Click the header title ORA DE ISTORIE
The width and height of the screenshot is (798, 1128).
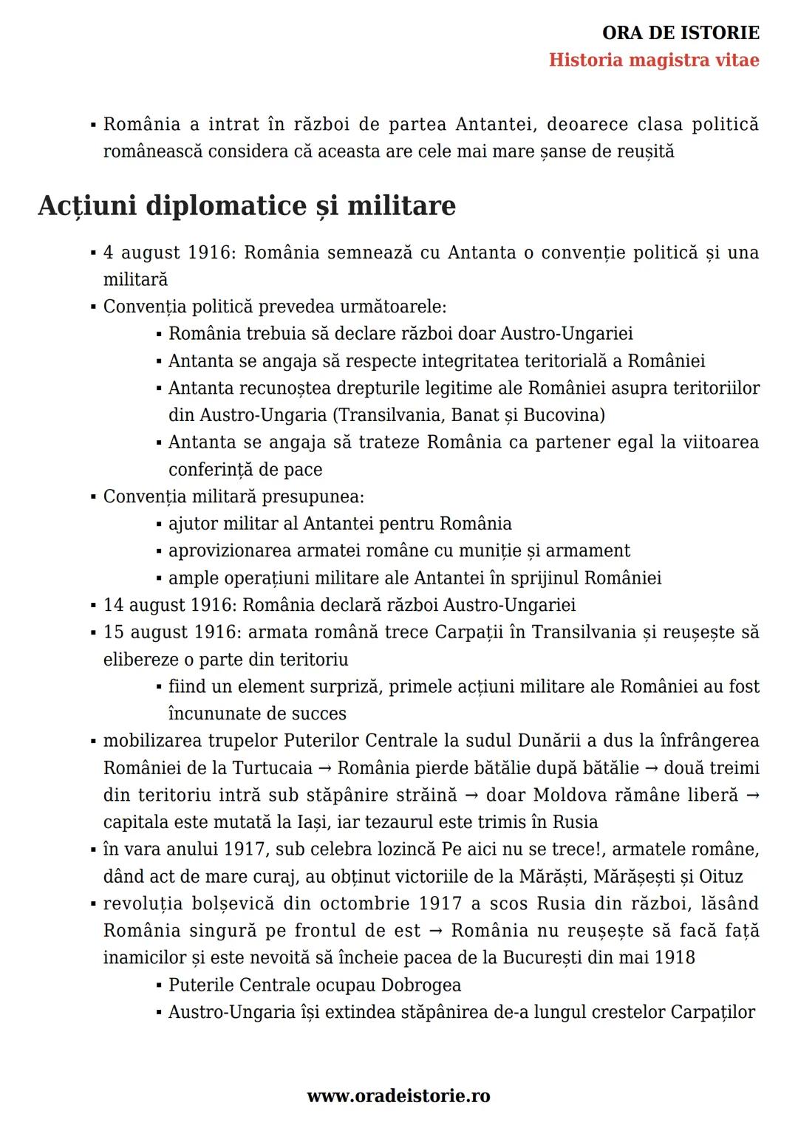click(681, 33)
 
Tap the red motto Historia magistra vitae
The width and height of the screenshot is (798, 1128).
click(654, 60)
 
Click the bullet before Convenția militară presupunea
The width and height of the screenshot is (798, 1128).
click(94, 497)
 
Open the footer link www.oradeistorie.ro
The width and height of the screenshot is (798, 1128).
click(398, 1096)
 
